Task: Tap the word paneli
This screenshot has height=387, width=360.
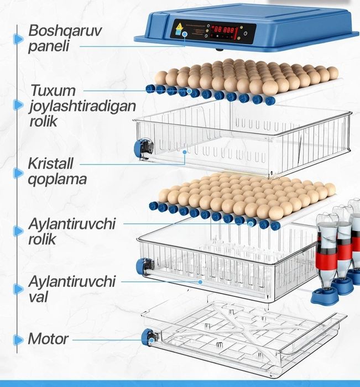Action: [x=49, y=46]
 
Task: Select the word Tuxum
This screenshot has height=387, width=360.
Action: [x=53, y=90]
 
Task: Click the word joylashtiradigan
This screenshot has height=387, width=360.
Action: [x=82, y=107]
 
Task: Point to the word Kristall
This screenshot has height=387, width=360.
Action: [x=51, y=164]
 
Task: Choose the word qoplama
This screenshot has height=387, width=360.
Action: [x=57, y=179]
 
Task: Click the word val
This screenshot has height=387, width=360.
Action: [x=38, y=297]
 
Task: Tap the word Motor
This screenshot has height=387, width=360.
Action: [x=48, y=338]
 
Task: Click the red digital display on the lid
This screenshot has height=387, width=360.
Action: [x=224, y=30]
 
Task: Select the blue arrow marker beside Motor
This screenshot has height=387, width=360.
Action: [x=18, y=339]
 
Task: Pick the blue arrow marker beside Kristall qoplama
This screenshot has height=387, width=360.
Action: [x=18, y=173]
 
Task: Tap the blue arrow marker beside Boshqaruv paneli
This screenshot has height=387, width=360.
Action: [x=18, y=39]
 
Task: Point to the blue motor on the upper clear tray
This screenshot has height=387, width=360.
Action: [x=141, y=148]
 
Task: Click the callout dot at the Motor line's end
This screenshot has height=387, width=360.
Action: [x=152, y=341]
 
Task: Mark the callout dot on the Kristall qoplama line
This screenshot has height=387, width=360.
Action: [x=185, y=152]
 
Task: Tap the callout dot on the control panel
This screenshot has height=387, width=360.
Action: [x=185, y=34]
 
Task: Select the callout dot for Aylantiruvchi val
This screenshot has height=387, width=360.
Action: [x=201, y=281]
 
